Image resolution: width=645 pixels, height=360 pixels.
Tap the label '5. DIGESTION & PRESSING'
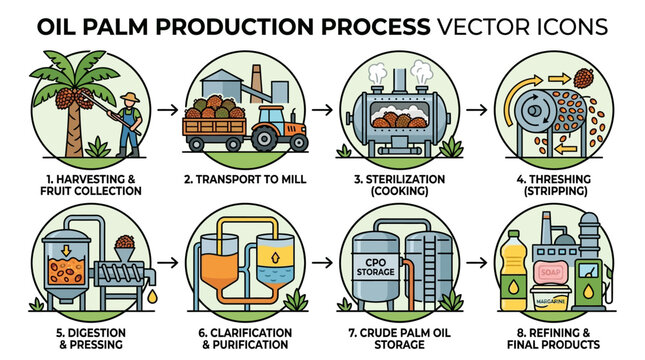coord(79,337)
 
